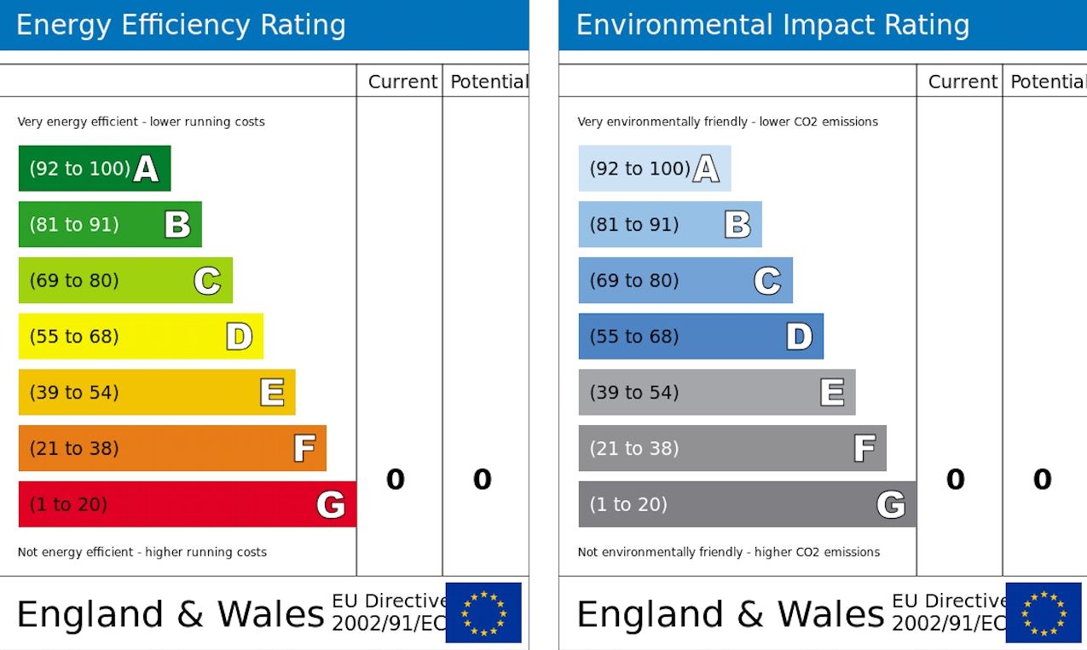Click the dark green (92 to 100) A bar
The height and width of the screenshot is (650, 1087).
click(94, 169)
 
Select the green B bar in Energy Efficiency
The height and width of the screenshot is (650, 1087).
click(109, 225)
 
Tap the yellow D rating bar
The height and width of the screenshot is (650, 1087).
click(141, 337)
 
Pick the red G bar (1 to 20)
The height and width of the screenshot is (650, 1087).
click(187, 504)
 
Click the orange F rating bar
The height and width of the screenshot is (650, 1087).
click(172, 448)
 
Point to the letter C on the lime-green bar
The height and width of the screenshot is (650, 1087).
click(207, 280)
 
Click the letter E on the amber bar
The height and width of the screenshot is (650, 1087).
click(272, 393)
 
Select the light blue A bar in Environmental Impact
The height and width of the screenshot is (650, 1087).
click(654, 169)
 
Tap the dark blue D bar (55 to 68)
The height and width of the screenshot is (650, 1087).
click(701, 337)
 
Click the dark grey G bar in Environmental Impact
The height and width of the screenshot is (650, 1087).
click(747, 504)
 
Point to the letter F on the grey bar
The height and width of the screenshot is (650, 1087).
click(864, 448)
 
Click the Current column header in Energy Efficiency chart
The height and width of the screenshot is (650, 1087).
click(402, 82)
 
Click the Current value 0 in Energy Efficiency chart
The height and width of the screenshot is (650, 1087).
click(396, 480)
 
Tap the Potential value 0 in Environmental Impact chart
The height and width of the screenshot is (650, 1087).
click(1043, 480)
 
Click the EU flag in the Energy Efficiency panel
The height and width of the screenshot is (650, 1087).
click(483, 613)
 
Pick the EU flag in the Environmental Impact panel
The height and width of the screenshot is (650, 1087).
click(1044, 613)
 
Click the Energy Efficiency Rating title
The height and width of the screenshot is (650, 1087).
click(181, 26)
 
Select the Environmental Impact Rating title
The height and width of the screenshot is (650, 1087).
click(772, 26)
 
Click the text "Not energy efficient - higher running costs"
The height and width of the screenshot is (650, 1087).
click(142, 552)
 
